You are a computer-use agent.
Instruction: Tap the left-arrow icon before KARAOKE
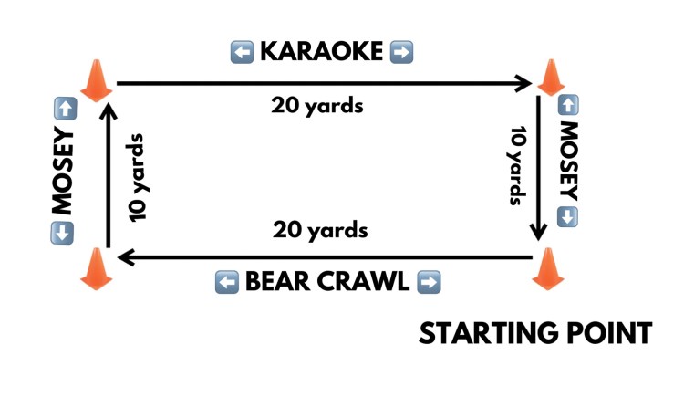point(243,52)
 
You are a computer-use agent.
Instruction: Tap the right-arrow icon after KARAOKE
point(401,52)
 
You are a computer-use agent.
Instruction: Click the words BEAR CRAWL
point(327,282)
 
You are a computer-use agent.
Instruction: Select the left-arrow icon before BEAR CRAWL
point(227,282)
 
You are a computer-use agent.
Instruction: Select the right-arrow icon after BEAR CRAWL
point(428,282)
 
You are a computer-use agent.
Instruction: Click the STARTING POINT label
point(535,333)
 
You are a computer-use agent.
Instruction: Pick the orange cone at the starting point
point(547,268)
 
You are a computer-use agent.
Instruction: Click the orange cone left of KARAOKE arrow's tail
point(96,79)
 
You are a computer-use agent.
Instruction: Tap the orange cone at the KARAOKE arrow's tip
point(550,78)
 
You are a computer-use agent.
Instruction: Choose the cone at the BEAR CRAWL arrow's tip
point(96,268)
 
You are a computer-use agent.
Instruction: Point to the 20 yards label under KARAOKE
point(317,106)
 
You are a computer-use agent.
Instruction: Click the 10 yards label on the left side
point(137,178)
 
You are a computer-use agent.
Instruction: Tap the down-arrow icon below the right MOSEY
point(566,217)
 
